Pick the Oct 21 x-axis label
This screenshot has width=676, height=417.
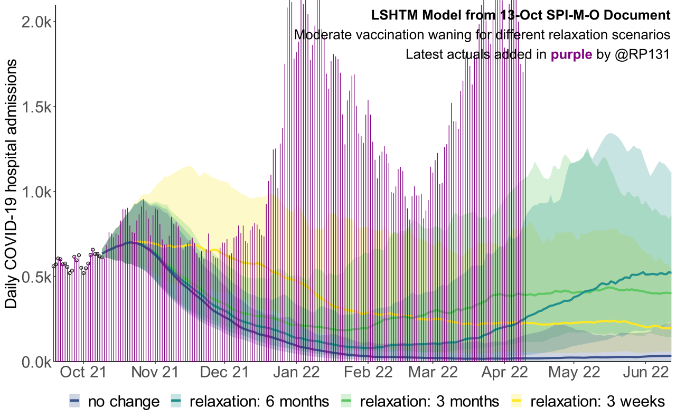(x=82, y=373)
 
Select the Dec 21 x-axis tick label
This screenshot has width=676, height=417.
(x=224, y=373)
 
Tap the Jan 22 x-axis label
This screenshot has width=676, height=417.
(x=296, y=373)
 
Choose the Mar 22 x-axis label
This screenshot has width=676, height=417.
(x=433, y=373)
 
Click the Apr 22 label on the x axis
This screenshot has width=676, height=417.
(x=504, y=373)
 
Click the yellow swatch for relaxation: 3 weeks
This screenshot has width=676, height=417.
(x=517, y=402)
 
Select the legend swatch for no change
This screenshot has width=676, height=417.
(x=75, y=402)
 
